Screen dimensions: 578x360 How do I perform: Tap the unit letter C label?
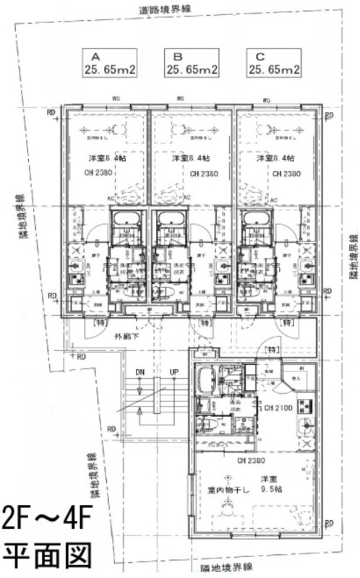pos(257,56)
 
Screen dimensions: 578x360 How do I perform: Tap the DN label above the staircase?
pos(140,372)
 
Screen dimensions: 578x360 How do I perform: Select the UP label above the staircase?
pos(173,372)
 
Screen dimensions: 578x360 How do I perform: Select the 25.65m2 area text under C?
pos(275,69)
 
